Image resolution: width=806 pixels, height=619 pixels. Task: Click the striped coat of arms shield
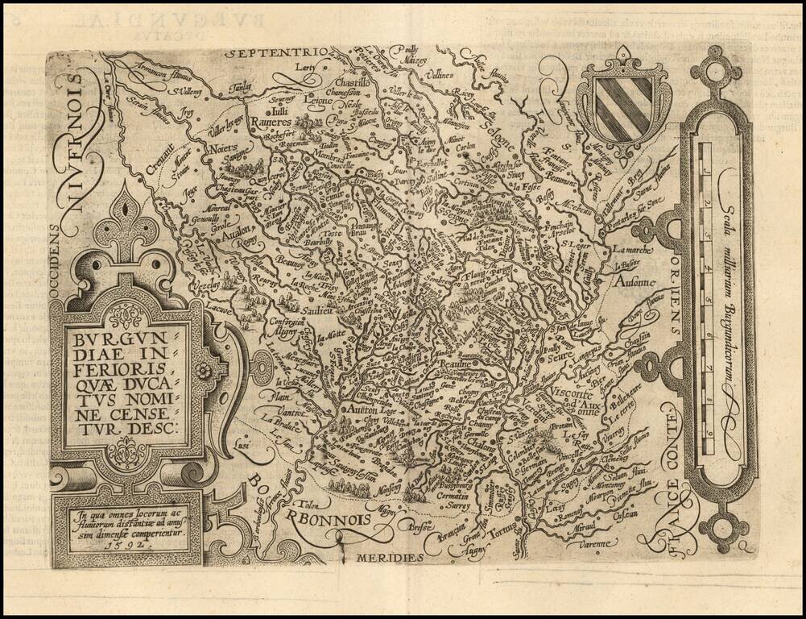click(623, 105)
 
